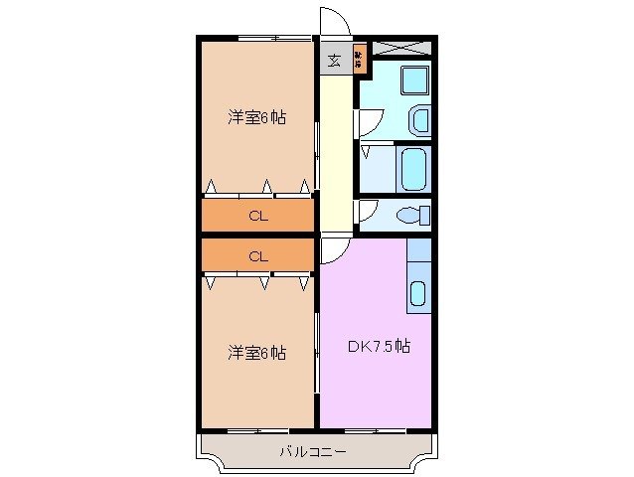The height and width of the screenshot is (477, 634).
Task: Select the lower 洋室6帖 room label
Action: [256, 352]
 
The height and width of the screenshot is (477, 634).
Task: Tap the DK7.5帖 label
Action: [379, 347]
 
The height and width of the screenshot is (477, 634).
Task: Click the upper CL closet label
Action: [256, 215]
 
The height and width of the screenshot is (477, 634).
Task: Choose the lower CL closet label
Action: [256, 255]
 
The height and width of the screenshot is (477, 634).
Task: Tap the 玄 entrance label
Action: [334, 61]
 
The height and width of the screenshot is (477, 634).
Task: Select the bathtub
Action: [412, 169]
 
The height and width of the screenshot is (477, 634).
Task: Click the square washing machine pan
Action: [413, 79]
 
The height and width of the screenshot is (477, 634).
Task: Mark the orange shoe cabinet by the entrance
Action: [360, 61]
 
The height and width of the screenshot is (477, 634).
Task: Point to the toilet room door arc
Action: [366, 210]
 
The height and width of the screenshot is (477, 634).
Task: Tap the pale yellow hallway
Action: [336, 149]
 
